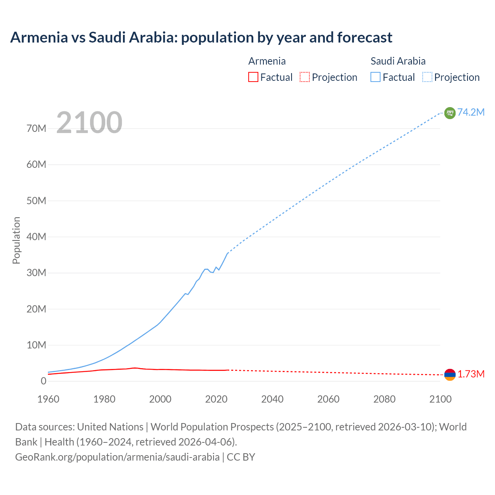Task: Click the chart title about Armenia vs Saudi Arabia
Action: (x=201, y=38)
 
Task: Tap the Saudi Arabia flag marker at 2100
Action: (x=450, y=113)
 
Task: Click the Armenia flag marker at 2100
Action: (x=450, y=374)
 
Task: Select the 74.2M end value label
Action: (x=471, y=112)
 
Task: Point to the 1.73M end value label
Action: (x=471, y=374)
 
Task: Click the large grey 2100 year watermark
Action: (x=89, y=123)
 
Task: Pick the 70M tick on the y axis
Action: (x=36, y=128)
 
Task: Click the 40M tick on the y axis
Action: (x=36, y=237)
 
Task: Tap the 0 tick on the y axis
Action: (x=43, y=381)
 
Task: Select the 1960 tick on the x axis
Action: (x=48, y=399)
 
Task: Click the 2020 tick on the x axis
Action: (x=216, y=399)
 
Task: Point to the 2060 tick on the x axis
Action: (x=328, y=399)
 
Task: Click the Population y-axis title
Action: (x=16, y=240)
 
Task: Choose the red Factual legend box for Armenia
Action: (x=253, y=77)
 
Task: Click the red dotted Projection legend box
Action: (x=305, y=77)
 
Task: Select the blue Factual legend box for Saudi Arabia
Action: (x=376, y=77)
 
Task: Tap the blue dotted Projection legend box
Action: (x=427, y=77)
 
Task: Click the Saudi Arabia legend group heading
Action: (x=398, y=61)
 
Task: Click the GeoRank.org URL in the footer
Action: (x=117, y=457)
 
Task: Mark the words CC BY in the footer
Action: (x=241, y=457)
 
